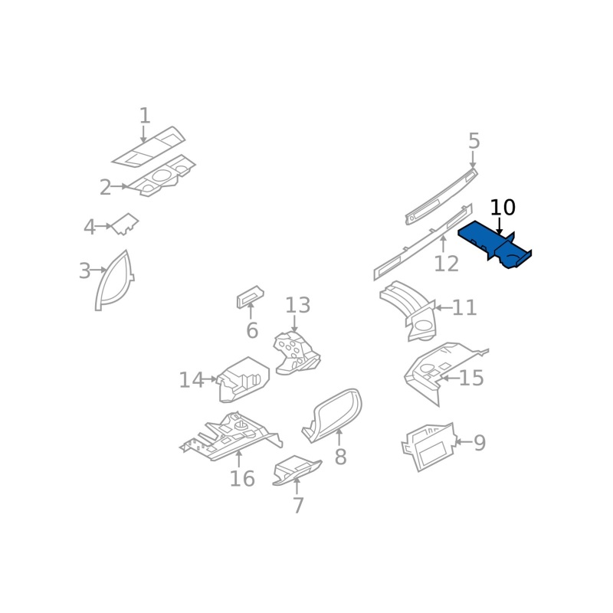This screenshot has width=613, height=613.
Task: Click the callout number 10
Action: point(503,207)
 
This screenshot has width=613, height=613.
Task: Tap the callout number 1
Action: point(145,116)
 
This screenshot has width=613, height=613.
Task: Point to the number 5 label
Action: point(474,141)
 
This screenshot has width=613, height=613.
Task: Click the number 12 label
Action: point(446,264)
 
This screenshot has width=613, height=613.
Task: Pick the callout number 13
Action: point(297,305)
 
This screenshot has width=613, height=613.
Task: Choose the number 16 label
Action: point(242,478)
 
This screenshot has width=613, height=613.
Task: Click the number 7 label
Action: point(298,506)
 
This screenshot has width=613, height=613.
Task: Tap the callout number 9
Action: point(480,443)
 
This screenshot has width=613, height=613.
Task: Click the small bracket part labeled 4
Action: point(126,224)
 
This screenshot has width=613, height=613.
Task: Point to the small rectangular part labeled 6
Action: point(250,297)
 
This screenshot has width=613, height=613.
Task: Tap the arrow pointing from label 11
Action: point(444,308)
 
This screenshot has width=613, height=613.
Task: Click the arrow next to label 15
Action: point(450,378)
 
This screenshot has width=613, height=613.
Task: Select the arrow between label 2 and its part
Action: point(120,186)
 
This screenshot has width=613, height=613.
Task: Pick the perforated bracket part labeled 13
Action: point(297,353)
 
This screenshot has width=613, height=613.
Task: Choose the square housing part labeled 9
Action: point(429,447)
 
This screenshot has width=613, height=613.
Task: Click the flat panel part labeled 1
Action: point(149,146)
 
